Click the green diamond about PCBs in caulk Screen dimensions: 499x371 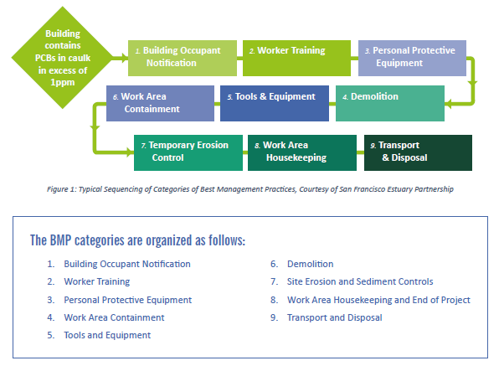(x=62, y=58)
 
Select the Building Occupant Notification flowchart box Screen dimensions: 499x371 (x=183, y=58)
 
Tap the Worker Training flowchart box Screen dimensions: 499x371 (x=296, y=58)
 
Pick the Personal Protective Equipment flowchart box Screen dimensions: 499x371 (x=412, y=58)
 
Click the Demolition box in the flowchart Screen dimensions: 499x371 (x=390, y=103)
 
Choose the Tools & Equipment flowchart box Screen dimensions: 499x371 (x=275, y=103)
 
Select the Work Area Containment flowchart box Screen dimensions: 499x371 (x=160, y=103)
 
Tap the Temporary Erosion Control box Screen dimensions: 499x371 (x=188, y=152)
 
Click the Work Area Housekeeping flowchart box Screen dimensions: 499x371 (x=302, y=152)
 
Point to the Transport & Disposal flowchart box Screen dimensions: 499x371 (x=418, y=152)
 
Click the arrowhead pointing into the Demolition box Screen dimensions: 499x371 (x=448, y=104)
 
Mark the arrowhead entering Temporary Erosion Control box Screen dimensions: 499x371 (x=131, y=152)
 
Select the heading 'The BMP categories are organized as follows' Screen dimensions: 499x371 (x=138, y=240)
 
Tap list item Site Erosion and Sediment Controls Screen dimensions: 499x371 (x=360, y=281)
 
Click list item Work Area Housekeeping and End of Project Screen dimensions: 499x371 (x=378, y=300)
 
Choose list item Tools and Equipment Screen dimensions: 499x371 (x=107, y=335)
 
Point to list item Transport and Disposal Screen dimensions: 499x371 (x=334, y=317)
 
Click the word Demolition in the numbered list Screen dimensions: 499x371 (x=311, y=264)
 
